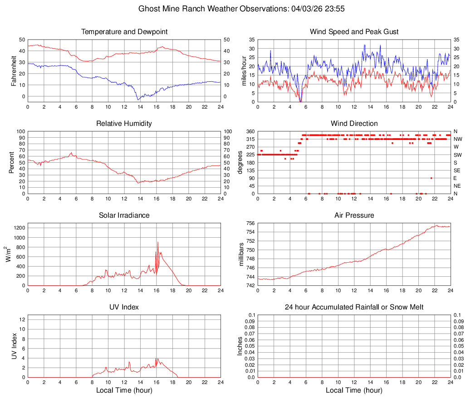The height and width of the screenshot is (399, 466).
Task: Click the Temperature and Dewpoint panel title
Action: (x=124, y=32)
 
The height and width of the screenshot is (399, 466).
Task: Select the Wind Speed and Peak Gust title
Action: (x=354, y=32)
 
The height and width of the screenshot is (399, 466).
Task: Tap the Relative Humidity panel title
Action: (x=124, y=124)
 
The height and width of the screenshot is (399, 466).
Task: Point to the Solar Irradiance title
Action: (x=124, y=215)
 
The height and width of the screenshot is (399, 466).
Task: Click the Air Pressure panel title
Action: (x=354, y=215)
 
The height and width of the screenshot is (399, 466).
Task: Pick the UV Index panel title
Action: (x=124, y=307)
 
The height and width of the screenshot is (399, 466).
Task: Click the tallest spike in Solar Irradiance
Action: (x=158, y=242)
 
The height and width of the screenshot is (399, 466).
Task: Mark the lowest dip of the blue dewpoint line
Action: (x=138, y=100)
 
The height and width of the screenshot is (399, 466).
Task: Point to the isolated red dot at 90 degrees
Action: (x=431, y=178)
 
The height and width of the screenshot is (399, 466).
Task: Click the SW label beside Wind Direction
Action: (x=458, y=155)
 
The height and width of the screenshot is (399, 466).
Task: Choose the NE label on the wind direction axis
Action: (x=457, y=186)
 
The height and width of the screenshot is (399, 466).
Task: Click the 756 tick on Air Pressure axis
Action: (x=250, y=223)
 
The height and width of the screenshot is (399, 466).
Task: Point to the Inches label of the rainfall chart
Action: (x=240, y=346)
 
